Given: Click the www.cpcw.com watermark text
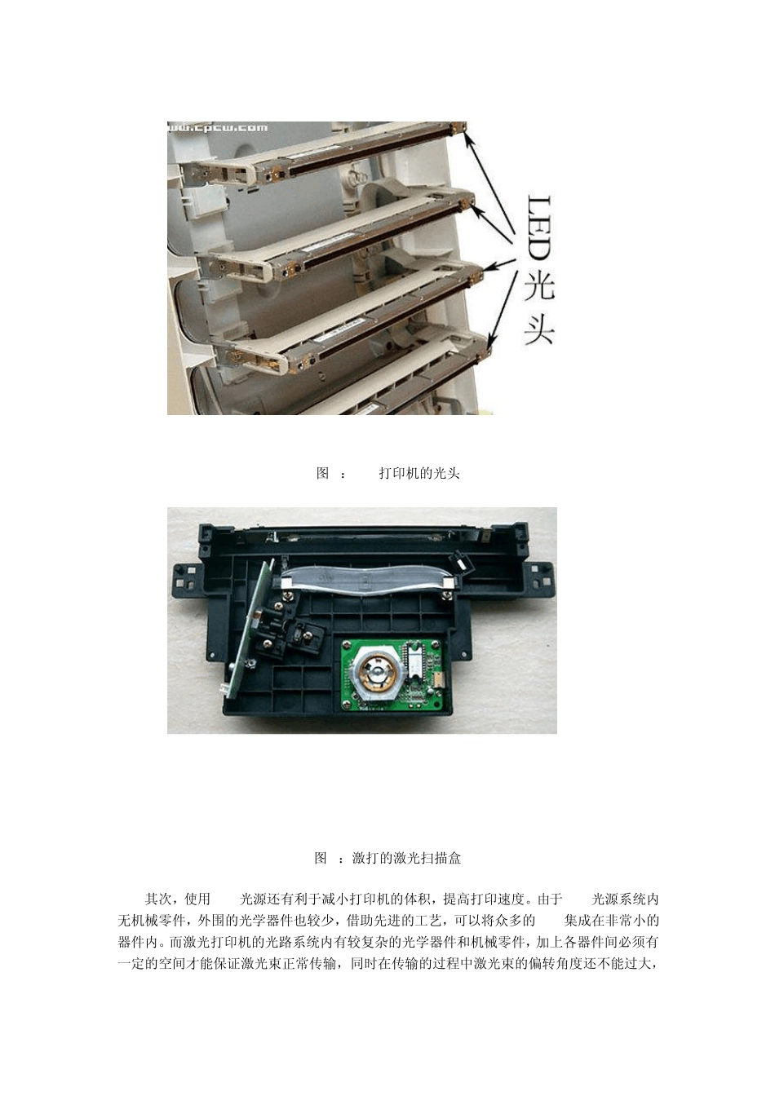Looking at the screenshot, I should [219, 128].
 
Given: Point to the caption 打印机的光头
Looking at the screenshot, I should [419, 473].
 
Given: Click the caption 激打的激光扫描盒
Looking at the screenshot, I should [406, 858].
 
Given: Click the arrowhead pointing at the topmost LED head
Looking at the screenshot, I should [469, 136].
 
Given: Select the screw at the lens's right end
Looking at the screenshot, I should [446, 596].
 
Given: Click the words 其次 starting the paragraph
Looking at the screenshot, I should [157, 899].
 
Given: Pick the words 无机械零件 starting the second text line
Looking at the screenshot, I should [151, 920].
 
